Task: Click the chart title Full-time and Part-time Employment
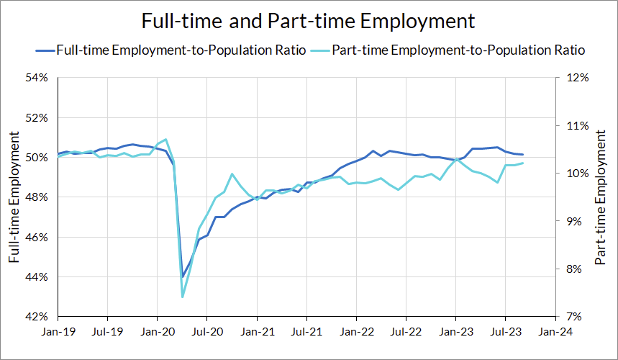309,20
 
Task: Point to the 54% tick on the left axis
37,78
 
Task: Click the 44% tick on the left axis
37,277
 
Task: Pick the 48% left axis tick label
37,197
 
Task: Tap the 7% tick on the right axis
577,317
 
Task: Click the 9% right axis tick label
577,221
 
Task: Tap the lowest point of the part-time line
183,297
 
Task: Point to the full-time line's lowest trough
183,276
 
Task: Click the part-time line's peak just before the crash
166,139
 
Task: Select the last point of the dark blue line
523,155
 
